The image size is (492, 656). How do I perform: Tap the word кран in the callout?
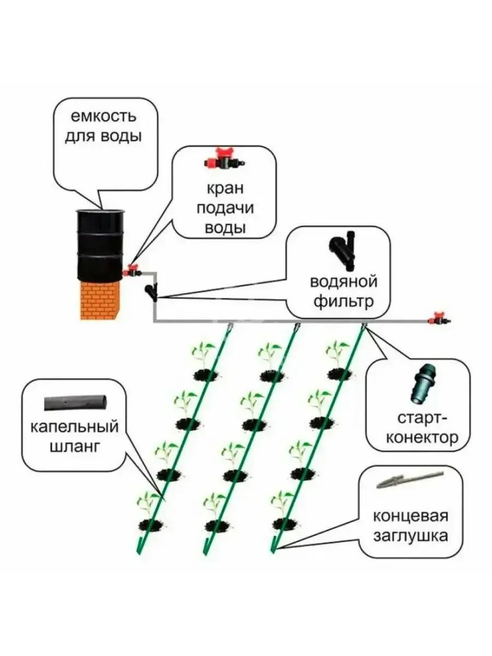point(225,189)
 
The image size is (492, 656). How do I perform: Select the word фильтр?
point(343,301)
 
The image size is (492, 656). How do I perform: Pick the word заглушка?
point(411,535)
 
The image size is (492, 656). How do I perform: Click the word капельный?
point(75,427)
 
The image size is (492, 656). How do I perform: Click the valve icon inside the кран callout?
point(224,161)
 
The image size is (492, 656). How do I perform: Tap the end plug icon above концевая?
point(409,482)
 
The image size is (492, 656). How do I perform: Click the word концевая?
point(411,516)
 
